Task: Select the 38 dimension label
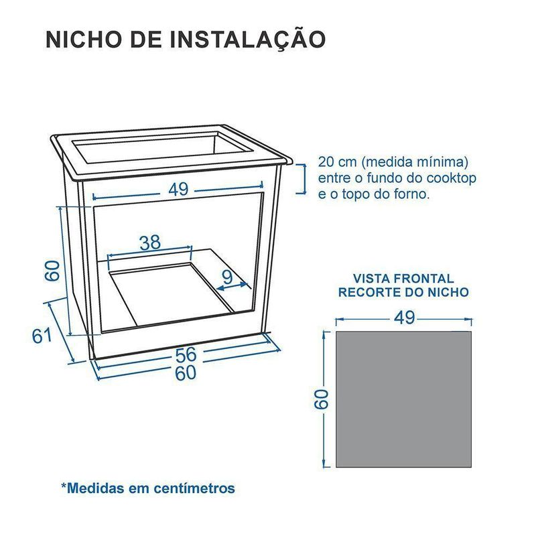coord(150,243)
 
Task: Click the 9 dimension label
coord(227,276)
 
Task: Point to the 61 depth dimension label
coord(42,336)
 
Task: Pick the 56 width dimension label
coord(186,354)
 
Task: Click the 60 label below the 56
coord(186,373)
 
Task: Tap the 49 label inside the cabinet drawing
coord(178,189)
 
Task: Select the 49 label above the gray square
coord(405,318)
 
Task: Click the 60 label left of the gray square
coord(322,399)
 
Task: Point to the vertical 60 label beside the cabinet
coord(53,271)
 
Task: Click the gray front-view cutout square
coord(404,399)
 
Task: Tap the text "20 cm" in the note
coord(337,161)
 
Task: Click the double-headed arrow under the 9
coord(232,287)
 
